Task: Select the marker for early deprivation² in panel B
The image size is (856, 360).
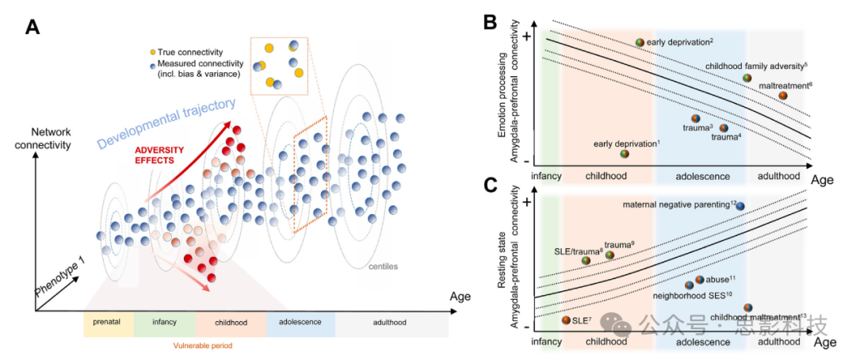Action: pos(640,42)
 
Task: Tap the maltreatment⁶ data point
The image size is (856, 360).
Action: pos(783,95)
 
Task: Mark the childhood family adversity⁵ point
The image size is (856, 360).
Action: pos(747,78)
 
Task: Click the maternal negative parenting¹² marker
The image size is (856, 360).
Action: pos(739,206)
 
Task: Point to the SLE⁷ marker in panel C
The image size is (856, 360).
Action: pos(566,320)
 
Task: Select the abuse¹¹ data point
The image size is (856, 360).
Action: pos(700,279)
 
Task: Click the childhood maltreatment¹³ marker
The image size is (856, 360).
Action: pos(747,308)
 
